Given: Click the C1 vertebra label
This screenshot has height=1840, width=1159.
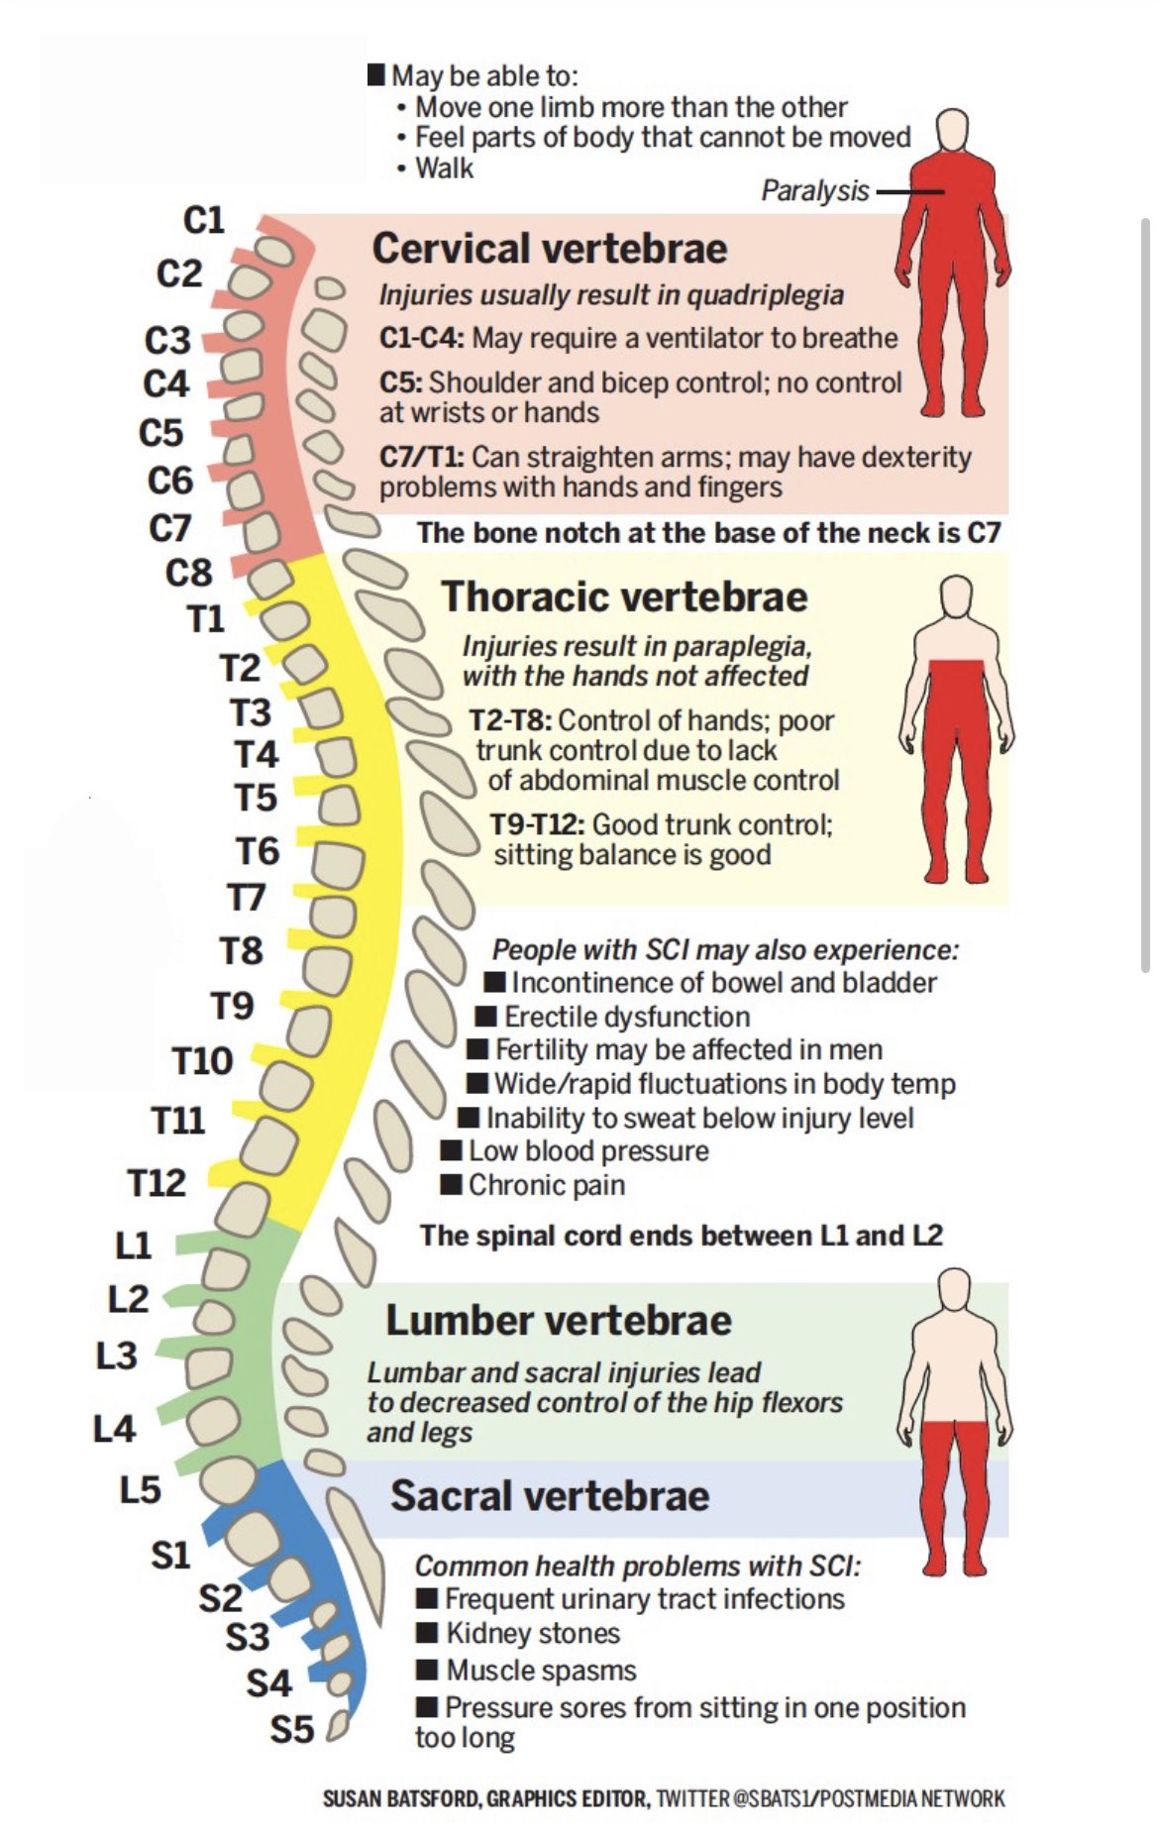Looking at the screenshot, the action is (x=204, y=220).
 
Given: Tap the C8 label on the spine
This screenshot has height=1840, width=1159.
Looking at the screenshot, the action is (x=188, y=573).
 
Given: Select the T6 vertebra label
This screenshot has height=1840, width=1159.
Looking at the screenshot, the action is (x=258, y=851).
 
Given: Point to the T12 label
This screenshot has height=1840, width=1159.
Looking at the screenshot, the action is (x=157, y=1182).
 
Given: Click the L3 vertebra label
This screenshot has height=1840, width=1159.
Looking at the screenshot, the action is (x=117, y=1355).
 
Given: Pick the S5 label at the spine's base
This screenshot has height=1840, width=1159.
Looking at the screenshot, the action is (x=292, y=1730).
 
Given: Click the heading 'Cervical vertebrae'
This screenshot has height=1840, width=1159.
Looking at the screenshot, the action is (x=550, y=249).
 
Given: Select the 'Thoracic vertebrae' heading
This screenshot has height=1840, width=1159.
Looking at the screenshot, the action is (x=624, y=596).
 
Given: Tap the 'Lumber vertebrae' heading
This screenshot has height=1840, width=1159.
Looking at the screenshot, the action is (x=559, y=1320).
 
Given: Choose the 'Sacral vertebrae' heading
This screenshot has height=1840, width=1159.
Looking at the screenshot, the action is (x=550, y=1495).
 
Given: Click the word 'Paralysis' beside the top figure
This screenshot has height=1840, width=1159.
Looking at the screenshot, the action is (x=815, y=190).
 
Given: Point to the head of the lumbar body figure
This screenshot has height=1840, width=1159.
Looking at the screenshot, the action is (x=955, y=1291).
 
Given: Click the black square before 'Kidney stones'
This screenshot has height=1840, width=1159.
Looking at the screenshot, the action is (x=427, y=1632).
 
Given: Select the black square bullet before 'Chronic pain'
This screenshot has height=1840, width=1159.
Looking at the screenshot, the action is (x=451, y=1184).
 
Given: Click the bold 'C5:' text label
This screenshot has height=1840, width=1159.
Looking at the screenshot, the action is (x=401, y=382).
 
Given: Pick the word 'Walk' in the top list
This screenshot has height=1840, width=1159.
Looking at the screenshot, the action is (x=444, y=168).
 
